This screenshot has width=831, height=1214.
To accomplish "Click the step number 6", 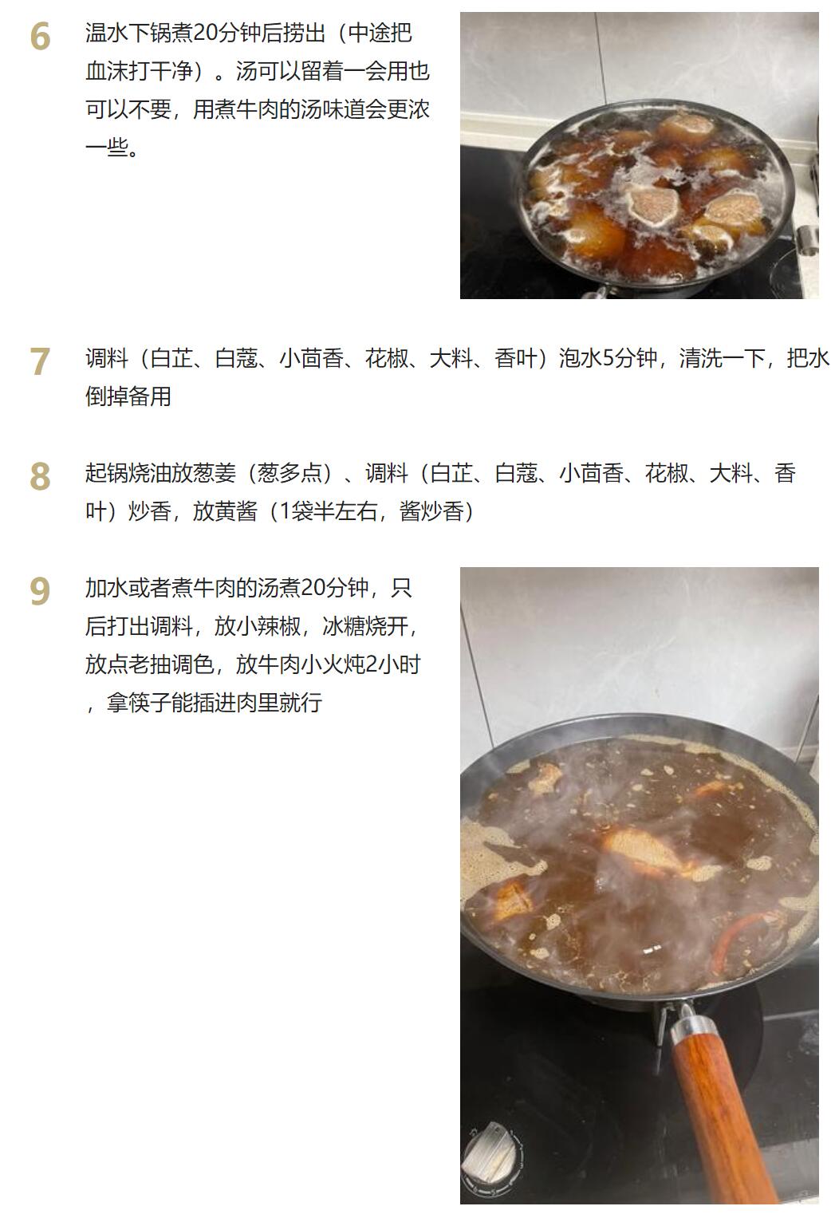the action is tap(40, 37).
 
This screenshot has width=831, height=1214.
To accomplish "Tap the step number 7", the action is tap(40, 361).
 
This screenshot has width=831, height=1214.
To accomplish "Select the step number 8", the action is tap(40, 476).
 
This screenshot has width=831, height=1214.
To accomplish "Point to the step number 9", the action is tap(40, 591).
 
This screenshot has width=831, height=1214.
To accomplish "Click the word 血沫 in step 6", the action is tap(107, 71).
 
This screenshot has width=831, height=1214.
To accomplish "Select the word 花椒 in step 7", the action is tap(386, 358).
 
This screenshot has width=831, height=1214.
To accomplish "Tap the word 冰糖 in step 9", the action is tap(344, 626).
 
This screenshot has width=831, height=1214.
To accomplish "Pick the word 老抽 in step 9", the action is tap(149, 664).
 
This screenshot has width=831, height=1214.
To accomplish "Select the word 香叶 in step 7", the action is tap(516, 358).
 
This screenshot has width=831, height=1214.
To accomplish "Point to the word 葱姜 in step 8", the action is tap(214, 473).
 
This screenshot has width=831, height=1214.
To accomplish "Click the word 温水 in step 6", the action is tap(107, 33).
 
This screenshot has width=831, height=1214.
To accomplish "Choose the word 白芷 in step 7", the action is tap(171, 358).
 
